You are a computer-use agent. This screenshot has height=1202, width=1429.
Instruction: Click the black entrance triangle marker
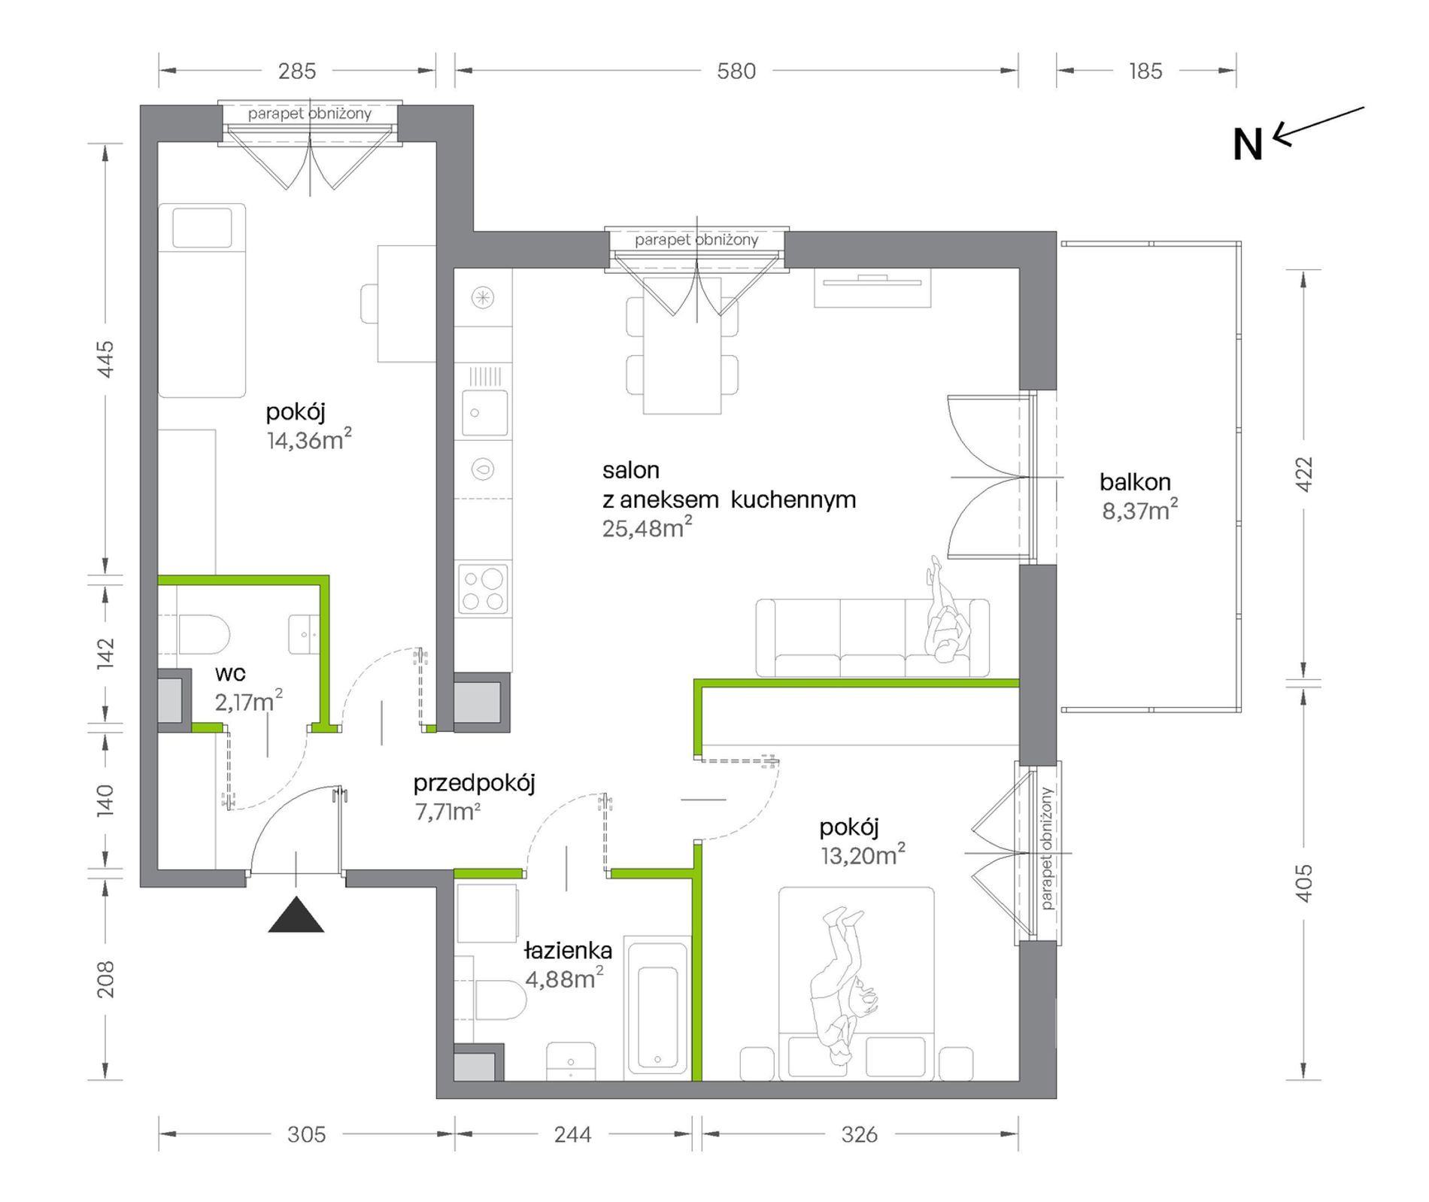click(x=296, y=915)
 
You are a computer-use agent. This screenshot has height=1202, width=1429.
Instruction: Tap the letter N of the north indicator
click(x=1248, y=144)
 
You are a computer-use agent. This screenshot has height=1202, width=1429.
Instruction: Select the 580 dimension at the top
click(x=736, y=71)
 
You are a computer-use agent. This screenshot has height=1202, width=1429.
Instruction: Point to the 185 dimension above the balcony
click(x=1145, y=71)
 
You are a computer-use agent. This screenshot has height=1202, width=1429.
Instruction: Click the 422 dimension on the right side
click(x=1305, y=475)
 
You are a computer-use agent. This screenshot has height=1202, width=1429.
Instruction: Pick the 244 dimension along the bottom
click(x=572, y=1134)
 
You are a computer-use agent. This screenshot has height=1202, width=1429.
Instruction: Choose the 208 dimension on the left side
click(x=106, y=979)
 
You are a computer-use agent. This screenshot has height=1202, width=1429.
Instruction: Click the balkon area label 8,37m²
click(x=1140, y=511)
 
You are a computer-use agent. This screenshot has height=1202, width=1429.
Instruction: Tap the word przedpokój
click(x=474, y=784)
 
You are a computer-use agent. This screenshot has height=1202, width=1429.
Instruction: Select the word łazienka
click(x=568, y=951)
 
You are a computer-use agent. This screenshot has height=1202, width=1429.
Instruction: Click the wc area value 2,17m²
click(x=249, y=702)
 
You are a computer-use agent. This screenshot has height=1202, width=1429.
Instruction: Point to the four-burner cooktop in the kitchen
click(x=484, y=589)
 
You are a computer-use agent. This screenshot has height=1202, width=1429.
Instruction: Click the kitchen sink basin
click(x=484, y=412)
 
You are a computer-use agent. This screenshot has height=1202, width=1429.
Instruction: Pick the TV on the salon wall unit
click(x=872, y=282)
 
